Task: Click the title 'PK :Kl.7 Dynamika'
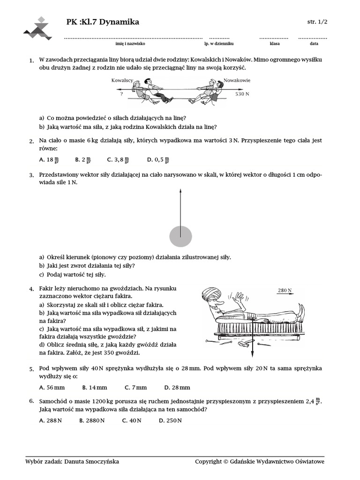point(103,22)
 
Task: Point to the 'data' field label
point(314,44)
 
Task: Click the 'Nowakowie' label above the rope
point(237,80)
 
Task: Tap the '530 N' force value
point(242,94)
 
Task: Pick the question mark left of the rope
point(121,94)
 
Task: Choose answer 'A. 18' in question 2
point(49,160)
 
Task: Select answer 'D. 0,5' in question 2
point(157,160)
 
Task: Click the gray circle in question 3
point(180,236)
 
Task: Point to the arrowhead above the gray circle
point(180,191)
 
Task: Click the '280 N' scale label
point(285,291)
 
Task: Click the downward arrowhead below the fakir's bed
point(252,354)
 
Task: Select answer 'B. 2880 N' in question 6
point(92,420)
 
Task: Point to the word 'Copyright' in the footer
point(208,462)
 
